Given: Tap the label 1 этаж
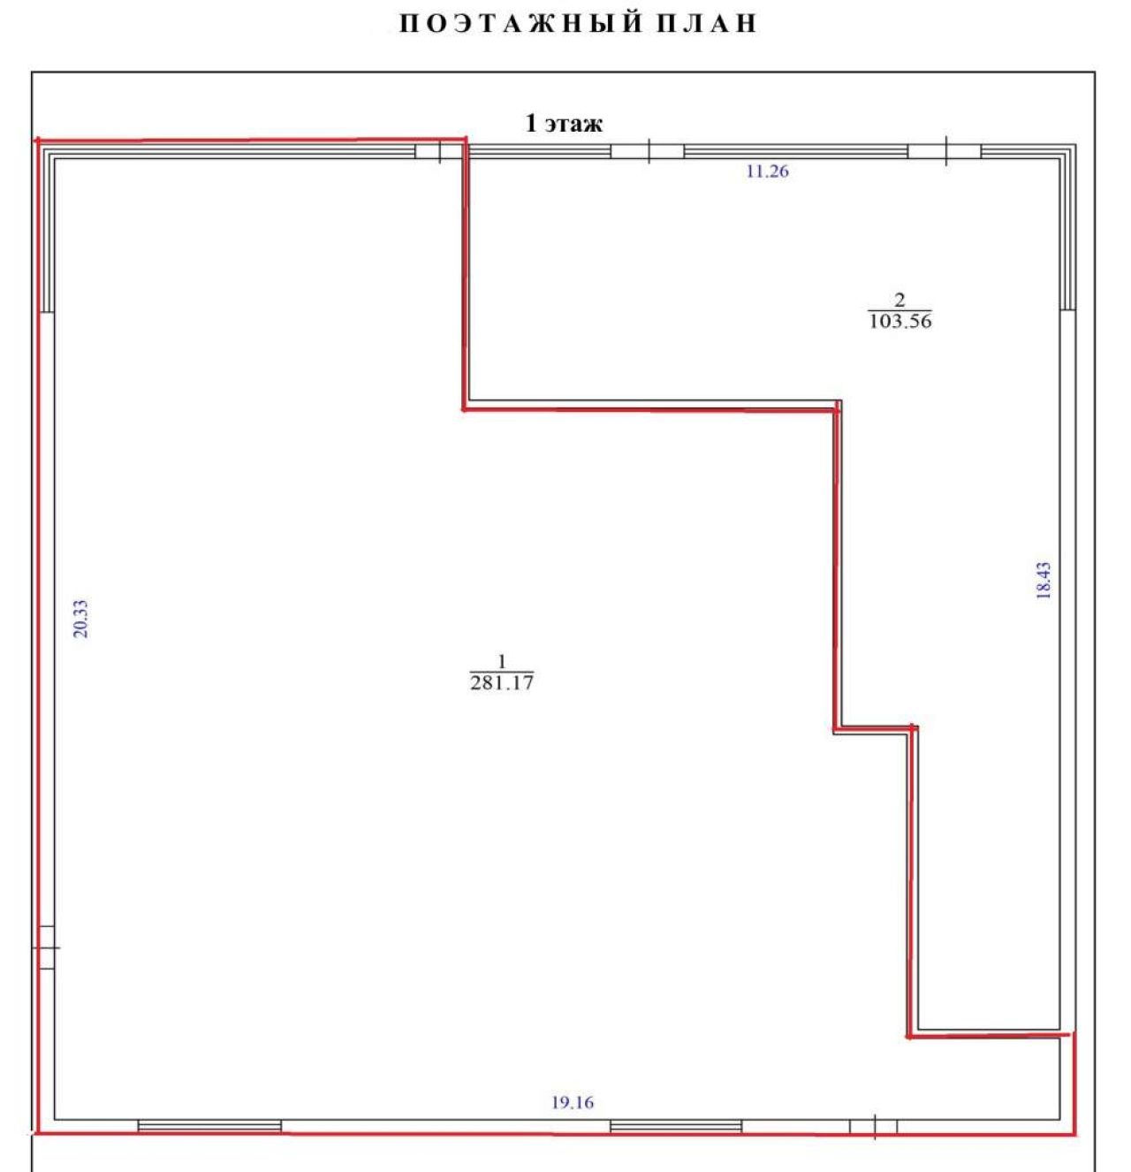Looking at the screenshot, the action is pyautogui.click(x=564, y=124).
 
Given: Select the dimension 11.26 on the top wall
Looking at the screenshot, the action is pyautogui.click(x=767, y=171).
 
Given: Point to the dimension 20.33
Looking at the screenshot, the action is pyautogui.click(x=80, y=619).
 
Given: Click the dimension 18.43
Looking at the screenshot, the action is pyautogui.click(x=1043, y=581).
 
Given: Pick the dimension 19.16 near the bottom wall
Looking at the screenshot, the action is pyautogui.click(x=572, y=1103).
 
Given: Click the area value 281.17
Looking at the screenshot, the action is pyautogui.click(x=502, y=683).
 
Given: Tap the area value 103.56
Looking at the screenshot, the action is pyautogui.click(x=899, y=321).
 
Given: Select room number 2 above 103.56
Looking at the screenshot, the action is pyautogui.click(x=899, y=300).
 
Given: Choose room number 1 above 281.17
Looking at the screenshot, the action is pyautogui.click(x=502, y=661).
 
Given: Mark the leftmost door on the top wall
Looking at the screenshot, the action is pyautogui.click(x=439, y=151).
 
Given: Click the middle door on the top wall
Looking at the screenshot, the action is pyautogui.click(x=648, y=151).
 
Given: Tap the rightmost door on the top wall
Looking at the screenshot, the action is pyautogui.click(x=945, y=151).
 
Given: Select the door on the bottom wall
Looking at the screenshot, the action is pyautogui.click(x=873, y=1127).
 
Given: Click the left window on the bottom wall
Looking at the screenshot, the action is pyautogui.click(x=209, y=1126).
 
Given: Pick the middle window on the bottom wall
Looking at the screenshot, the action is pyautogui.click(x=676, y=1126).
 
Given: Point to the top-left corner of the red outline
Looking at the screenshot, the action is pyautogui.click(x=38, y=141).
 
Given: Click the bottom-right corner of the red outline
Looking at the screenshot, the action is pyautogui.click(x=1075, y=1135).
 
